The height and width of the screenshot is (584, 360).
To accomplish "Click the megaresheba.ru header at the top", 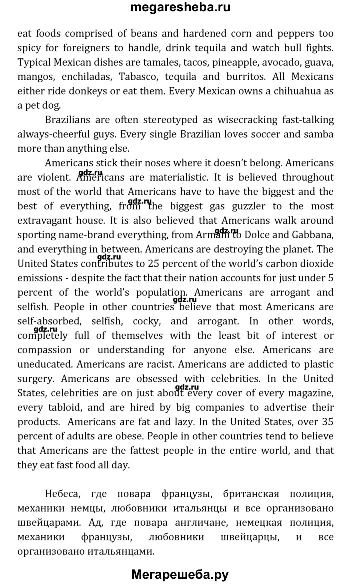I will [180, 8].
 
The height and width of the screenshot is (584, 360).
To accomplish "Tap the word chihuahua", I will [298, 92].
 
